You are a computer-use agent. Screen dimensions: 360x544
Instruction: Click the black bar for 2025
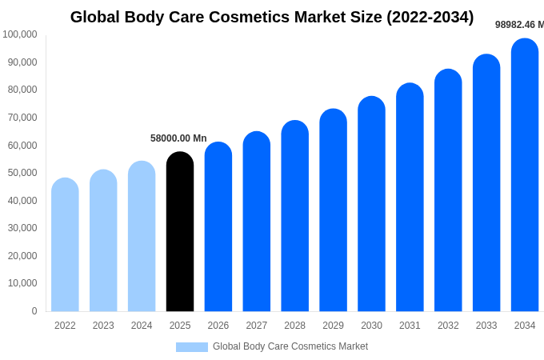point(180,232)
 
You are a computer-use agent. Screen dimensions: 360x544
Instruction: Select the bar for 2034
point(525,176)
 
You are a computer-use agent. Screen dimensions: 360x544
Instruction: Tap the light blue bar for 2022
point(65,245)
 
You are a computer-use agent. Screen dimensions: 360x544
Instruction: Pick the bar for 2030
point(371,204)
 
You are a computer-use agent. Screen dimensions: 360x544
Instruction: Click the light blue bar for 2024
point(142,237)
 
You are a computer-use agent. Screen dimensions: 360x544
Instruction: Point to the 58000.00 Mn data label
point(178,138)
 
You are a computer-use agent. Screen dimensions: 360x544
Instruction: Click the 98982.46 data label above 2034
point(518,25)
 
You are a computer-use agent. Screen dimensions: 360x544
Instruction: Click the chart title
point(272,17)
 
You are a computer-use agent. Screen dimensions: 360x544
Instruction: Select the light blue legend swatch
point(191,347)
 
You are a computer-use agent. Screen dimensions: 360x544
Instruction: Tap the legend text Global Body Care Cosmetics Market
point(290,346)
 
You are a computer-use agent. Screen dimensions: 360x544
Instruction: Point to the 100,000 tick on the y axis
point(20,34)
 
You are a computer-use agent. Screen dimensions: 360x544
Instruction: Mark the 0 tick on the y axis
point(34,311)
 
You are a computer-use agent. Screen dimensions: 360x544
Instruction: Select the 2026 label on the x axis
point(218,326)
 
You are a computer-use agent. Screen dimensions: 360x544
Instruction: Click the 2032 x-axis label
point(448,326)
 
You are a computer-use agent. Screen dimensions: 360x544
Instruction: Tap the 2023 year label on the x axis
point(103,326)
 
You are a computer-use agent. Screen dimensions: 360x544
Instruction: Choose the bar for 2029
point(333,210)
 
